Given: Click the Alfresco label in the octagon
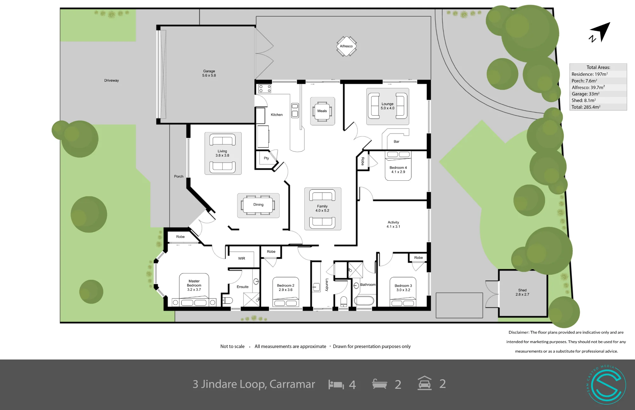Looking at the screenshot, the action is coord(346,46).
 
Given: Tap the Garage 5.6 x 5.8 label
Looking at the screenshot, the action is coord(209,73).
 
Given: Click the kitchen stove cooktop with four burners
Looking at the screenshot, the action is coord(264,89).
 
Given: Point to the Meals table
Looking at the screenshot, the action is coord(322,111).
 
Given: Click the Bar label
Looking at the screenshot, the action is coord(397,142).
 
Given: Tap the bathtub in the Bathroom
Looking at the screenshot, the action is coord(364,300).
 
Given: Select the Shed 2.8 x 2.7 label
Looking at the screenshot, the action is coord(522,292).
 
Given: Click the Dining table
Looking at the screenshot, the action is coord(258,205).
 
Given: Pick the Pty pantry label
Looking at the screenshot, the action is coord(266,158).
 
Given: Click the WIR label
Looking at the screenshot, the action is coord(242,259).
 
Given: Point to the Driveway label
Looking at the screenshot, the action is coord(111,80).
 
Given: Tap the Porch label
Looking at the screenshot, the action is coord(179,176).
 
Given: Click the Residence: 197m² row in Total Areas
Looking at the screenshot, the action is coord(590,74).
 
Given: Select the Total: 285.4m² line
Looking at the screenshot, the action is coord(586,107).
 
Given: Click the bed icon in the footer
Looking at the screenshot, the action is coord(336,385).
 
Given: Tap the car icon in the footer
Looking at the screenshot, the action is coord(424,383).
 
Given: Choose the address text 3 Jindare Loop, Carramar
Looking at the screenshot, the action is coord(254,384).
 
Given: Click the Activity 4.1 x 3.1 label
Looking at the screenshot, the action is coord(393,225).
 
